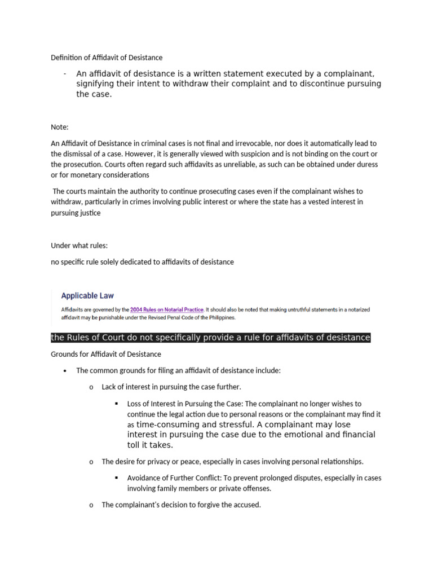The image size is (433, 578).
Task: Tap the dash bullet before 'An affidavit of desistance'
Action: (66, 74)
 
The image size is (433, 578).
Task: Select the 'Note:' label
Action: (59, 127)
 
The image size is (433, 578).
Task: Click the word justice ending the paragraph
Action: (89, 213)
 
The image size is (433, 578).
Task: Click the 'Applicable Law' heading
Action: (87, 295)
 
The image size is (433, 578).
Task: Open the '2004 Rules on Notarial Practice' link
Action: (166, 310)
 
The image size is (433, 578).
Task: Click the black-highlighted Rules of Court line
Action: (210, 338)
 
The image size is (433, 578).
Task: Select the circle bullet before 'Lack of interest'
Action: (90, 387)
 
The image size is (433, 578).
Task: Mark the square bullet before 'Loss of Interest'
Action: (116, 404)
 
